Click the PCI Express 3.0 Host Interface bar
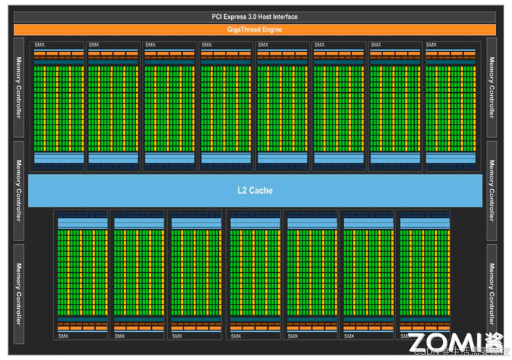[x=256, y=17]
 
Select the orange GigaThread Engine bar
[x=256, y=30]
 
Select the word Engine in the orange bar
[x=271, y=30]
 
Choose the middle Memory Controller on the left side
[x=19, y=191]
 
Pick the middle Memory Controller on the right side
[x=492, y=191]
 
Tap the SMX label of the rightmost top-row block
[x=431, y=45]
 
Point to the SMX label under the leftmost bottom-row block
[x=63, y=336]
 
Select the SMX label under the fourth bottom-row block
[x=236, y=336]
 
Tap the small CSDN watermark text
[x=428, y=352]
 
